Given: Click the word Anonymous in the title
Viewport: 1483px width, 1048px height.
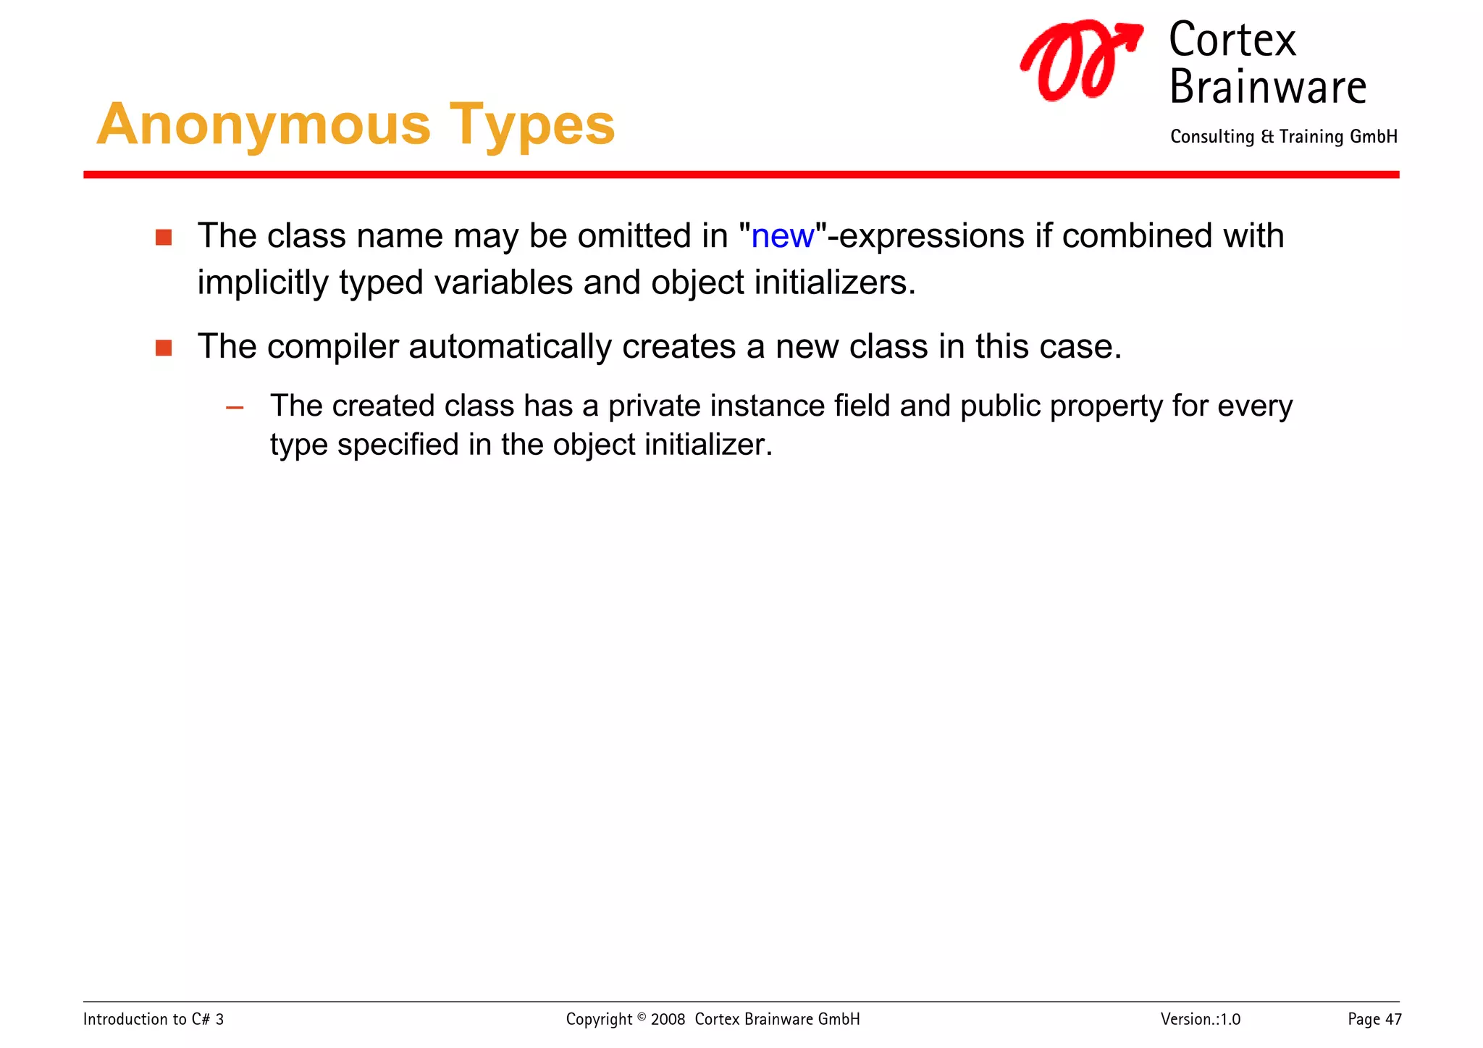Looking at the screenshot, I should pyautogui.click(x=264, y=125).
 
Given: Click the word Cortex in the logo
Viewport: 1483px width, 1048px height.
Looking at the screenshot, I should pyautogui.click(x=1232, y=40).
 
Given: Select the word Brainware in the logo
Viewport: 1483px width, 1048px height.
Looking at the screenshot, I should pyautogui.click(x=1267, y=88).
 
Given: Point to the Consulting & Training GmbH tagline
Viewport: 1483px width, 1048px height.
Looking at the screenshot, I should pyautogui.click(x=1283, y=137).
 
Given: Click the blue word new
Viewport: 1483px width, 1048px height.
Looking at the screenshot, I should pyautogui.click(x=782, y=237).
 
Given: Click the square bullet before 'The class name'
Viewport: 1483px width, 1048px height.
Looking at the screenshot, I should pyautogui.click(x=164, y=238).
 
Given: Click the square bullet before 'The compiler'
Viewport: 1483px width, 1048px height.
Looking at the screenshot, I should pyautogui.click(x=164, y=348).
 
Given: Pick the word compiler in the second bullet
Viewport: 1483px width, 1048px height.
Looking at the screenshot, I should pyautogui.click(x=332, y=348).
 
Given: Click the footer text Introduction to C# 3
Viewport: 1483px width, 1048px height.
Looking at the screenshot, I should pyautogui.click(x=154, y=1019).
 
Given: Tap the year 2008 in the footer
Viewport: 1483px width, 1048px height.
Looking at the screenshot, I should pyautogui.click(x=668, y=1020).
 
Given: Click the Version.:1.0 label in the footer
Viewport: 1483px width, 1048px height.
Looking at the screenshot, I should pyautogui.click(x=1200, y=1019).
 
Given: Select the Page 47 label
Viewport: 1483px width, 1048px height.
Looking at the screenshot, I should pyautogui.click(x=1374, y=1019).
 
